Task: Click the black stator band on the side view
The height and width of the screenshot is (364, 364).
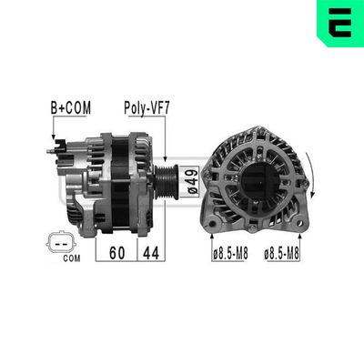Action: pyautogui.click(x=119, y=182)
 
